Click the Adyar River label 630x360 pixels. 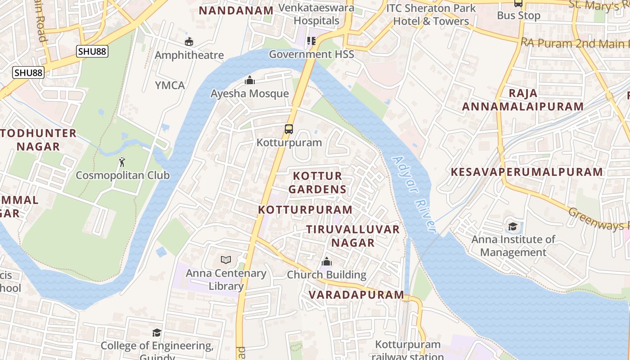(414, 194)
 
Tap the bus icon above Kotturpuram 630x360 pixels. (289, 129)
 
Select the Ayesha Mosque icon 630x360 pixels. (249, 81)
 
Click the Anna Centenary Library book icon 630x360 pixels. (226, 260)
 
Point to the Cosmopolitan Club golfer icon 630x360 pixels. (122, 162)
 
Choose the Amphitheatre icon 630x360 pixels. (189, 42)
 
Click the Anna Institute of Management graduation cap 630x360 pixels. (513, 226)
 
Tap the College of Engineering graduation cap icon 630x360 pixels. (157, 333)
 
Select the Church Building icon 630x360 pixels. (327, 261)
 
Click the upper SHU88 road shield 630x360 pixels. (92, 51)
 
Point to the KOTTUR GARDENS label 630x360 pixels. (317, 182)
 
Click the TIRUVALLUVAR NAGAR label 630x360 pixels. (353, 236)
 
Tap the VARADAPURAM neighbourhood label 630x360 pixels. (356, 295)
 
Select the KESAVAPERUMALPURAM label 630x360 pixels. (527, 172)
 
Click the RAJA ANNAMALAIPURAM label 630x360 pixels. (523, 100)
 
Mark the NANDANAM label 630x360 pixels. (236, 10)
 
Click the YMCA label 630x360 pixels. (170, 85)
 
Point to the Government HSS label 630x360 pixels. (311, 54)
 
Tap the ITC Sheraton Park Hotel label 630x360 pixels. (431, 14)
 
